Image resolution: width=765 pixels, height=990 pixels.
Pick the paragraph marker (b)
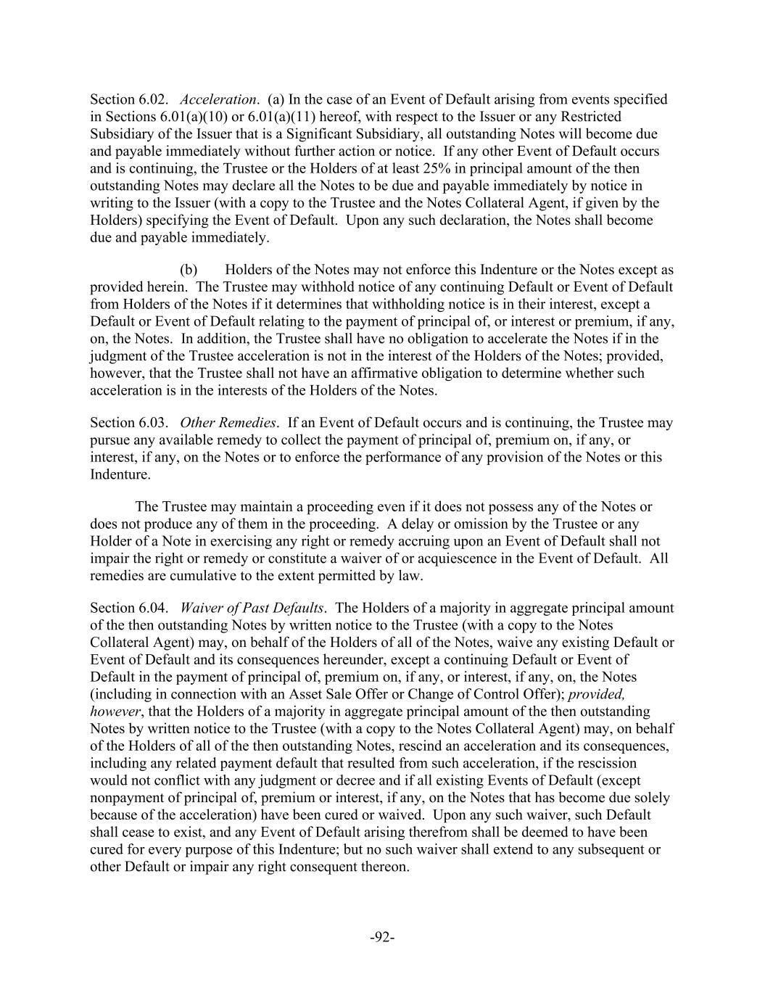coord(189,270)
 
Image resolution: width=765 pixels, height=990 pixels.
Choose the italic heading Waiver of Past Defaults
coord(252,609)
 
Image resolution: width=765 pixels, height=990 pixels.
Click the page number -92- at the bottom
coord(382,938)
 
